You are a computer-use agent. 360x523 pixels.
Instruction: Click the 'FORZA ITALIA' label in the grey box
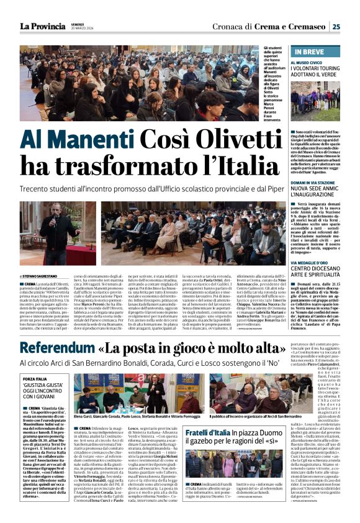coord(35,378)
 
